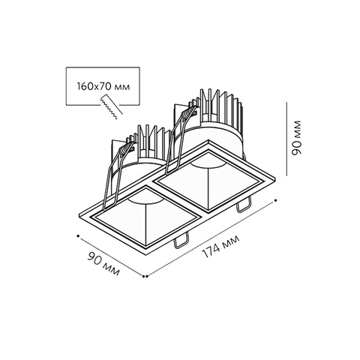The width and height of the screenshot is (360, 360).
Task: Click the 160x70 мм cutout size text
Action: click(103, 86)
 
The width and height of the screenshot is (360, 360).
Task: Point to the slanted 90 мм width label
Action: click(103, 263)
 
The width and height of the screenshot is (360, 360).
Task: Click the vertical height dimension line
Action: click(286, 139)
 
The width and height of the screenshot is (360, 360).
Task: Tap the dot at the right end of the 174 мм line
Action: click(275, 200)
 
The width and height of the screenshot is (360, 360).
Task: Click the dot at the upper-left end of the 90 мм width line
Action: click(78, 235)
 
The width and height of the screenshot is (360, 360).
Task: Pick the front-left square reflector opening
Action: click(145, 216)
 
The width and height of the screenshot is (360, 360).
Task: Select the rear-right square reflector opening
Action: click(208, 181)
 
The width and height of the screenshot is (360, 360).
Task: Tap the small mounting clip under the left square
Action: click(181, 241)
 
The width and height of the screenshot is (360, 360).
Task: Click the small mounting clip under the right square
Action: click(243, 205)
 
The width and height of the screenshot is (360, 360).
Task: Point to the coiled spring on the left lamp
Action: click(127, 149)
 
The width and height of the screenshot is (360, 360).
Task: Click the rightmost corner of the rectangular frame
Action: click(275, 178)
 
